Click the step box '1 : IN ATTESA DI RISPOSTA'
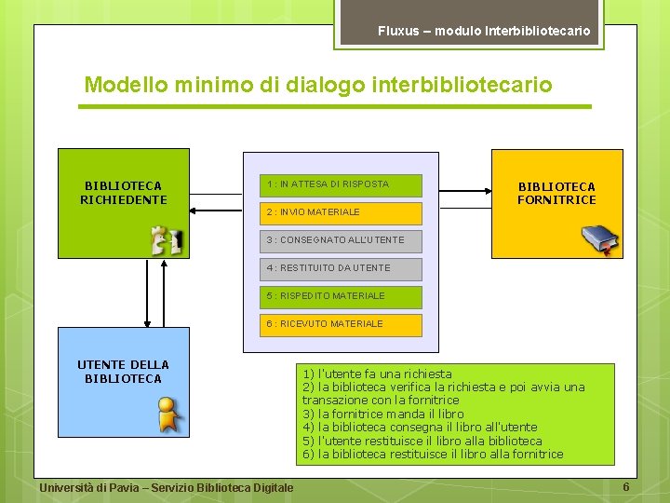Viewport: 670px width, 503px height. point(341,184)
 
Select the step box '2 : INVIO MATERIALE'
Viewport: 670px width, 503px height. point(341,212)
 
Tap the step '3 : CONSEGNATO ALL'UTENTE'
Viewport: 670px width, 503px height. point(341,240)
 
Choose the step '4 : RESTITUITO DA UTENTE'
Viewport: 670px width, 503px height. point(341,268)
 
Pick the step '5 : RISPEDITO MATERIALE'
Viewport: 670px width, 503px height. point(341,296)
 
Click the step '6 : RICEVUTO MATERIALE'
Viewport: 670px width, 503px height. point(341,324)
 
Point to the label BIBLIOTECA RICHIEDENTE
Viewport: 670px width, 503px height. point(123,193)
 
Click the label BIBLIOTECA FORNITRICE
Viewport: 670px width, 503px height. point(556,193)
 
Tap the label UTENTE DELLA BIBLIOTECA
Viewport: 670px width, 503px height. point(123,372)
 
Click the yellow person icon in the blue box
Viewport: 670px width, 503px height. point(167,415)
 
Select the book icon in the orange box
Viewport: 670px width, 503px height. point(598,239)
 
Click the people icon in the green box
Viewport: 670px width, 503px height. point(167,240)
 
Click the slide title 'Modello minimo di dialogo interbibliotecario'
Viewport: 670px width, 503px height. point(317,85)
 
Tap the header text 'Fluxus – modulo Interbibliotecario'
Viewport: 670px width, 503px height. point(484,31)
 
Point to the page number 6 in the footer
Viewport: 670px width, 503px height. point(626,487)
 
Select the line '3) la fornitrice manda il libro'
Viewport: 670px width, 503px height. point(382,414)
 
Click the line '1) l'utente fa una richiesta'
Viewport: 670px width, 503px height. point(377,374)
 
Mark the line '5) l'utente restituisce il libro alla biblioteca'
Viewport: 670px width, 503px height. point(422,441)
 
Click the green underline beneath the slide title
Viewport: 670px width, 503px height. point(335,107)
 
